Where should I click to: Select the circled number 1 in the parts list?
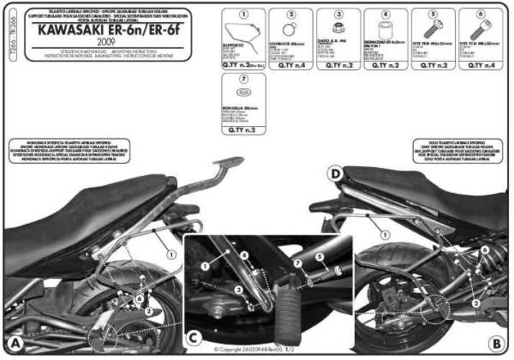pos(243,14)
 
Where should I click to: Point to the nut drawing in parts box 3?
pos(338,30)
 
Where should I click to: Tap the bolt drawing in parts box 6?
pos(482,30)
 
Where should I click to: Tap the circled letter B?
pos(497,341)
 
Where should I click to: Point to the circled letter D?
pos(335,174)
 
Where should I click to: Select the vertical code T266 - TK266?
pos(6,48)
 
